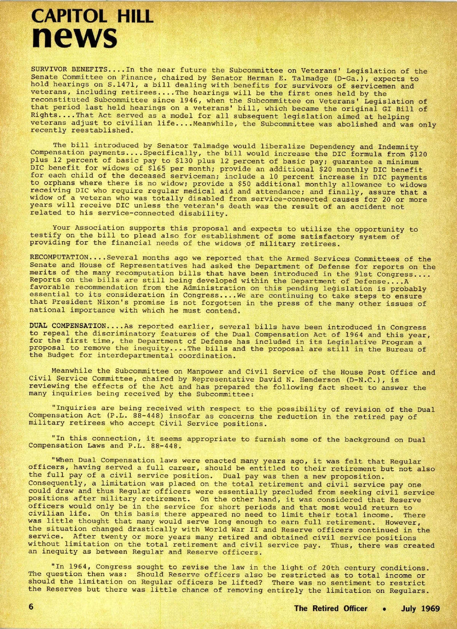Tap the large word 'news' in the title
point(74,37)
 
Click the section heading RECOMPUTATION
point(59,258)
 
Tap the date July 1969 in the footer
point(420,608)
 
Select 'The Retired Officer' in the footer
point(331,608)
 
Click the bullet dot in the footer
point(386,608)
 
